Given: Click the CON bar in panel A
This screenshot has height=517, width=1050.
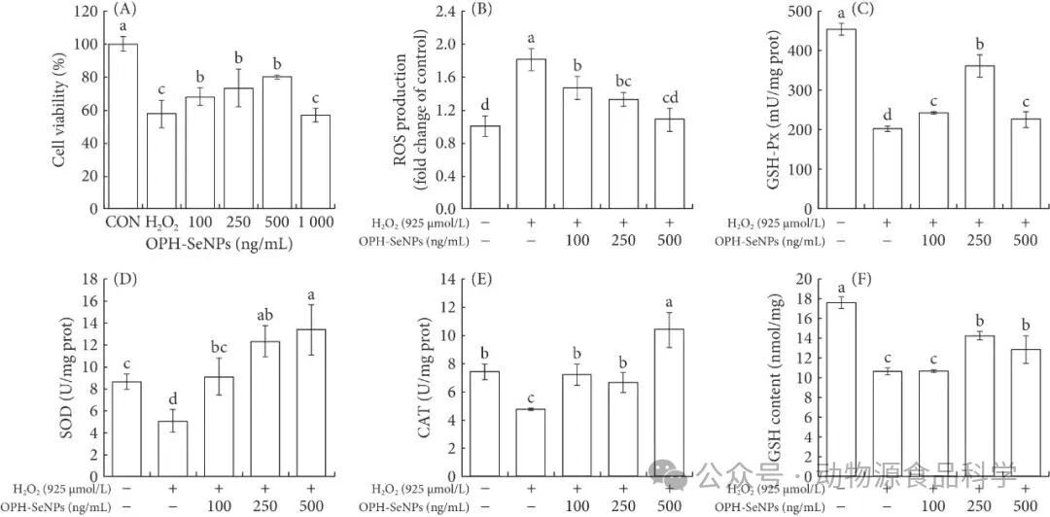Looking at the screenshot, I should click(122, 126).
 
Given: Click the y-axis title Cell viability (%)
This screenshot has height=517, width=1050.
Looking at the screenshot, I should click(60, 109).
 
